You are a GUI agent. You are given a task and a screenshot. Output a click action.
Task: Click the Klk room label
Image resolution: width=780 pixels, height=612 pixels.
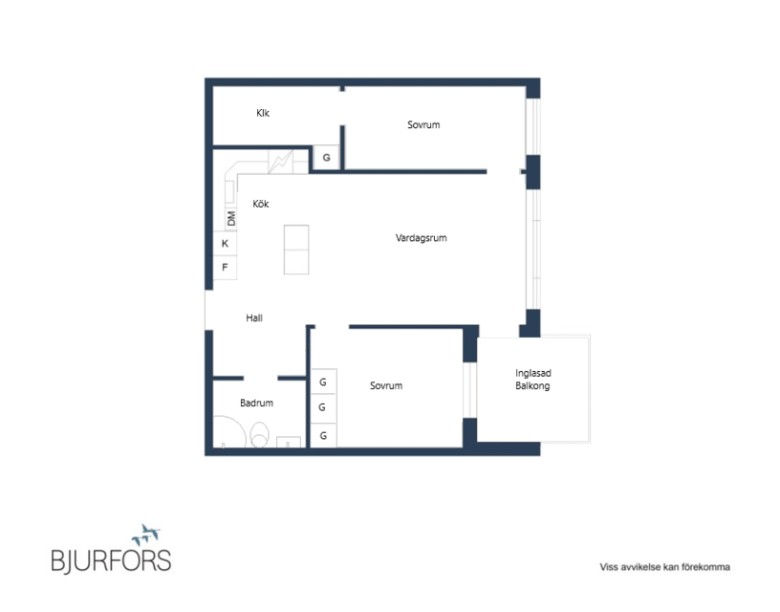coord(263,113)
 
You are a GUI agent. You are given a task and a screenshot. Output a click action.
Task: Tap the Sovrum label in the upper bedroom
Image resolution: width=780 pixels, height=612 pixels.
coord(423,125)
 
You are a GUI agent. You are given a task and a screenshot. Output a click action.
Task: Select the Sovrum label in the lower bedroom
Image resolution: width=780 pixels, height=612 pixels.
coord(386,385)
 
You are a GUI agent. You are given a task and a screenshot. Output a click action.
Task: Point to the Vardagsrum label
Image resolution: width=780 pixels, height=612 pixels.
coord(421,238)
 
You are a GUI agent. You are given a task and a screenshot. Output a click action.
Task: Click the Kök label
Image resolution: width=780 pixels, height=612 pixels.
coord(261,204)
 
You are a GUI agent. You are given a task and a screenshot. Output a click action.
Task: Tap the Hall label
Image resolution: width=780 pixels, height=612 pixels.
coord(254,317)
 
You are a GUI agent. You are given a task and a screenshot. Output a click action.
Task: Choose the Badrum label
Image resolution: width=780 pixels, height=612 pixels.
coord(256,403)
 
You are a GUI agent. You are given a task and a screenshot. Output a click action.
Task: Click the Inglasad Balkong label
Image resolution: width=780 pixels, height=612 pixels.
coord(532,379)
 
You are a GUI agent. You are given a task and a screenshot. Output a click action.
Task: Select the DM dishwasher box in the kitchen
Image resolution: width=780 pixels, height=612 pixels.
coord(231,218)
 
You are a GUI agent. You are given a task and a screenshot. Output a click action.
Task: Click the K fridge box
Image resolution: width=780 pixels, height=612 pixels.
coord(225,243)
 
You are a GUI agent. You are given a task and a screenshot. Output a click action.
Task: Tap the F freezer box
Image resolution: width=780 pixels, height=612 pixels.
coord(225,267)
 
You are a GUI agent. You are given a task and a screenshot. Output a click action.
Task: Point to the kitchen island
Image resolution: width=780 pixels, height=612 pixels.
coord(296,250)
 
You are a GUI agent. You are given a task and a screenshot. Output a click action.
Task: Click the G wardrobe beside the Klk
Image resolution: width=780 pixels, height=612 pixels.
coord(326,158)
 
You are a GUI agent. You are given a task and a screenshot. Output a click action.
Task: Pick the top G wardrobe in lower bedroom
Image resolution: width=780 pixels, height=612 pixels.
coord(323,382)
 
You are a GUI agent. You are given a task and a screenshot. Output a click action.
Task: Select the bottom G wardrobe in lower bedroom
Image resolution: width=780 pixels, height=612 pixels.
coord(323,436)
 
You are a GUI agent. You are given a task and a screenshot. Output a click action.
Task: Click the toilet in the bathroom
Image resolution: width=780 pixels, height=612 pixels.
coord(259,434)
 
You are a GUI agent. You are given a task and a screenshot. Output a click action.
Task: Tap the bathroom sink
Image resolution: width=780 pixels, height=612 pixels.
coord(289,442)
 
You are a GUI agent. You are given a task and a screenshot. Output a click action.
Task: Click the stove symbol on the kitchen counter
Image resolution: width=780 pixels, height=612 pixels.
coord(281,162)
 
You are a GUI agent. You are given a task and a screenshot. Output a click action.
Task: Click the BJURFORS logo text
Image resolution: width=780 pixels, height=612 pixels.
coord(112,559)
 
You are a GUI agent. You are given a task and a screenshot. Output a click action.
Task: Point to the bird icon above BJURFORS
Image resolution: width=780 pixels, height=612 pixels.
coord(146,535)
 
